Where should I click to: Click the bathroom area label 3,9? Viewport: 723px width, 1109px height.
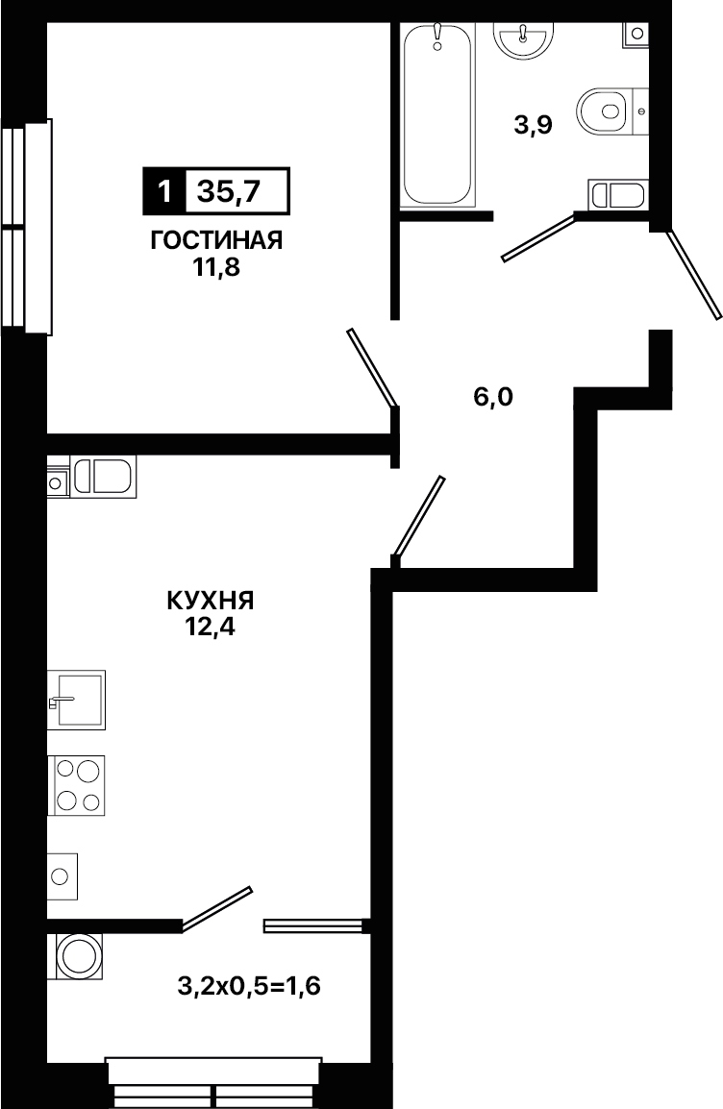[x=532, y=126]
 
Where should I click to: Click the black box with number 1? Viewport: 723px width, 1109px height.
[x=164, y=191]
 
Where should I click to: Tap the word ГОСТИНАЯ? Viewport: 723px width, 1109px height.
[x=216, y=240]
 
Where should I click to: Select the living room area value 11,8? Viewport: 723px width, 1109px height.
[x=216, y=269]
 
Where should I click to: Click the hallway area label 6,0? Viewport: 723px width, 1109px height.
[x=492, y=398]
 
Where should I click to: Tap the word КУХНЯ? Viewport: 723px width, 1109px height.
[x=211, y=602]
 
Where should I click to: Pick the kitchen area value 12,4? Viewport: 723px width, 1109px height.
[x=211, y=628]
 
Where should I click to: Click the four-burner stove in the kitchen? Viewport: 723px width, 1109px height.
[x=76, y=785]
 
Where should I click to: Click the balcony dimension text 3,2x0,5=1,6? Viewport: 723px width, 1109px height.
[x=249, y=985]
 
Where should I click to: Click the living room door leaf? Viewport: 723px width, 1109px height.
[x=372, y=368]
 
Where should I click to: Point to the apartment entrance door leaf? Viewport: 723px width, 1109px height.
[x=694, y=273]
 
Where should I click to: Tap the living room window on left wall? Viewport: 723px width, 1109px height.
[x=28, y=227]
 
